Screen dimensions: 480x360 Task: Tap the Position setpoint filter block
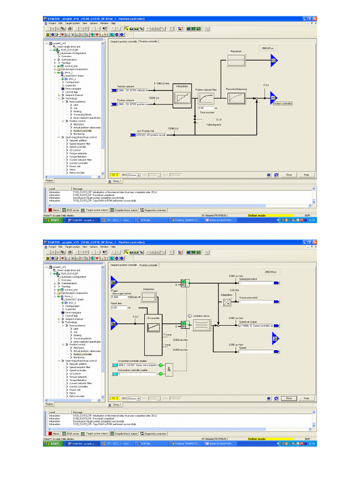tap(205, 98)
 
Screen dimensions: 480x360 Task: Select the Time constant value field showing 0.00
tap(206, 108)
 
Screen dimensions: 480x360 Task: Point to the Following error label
tap(214, 124)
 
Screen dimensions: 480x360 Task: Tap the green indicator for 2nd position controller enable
tap(160, 374)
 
